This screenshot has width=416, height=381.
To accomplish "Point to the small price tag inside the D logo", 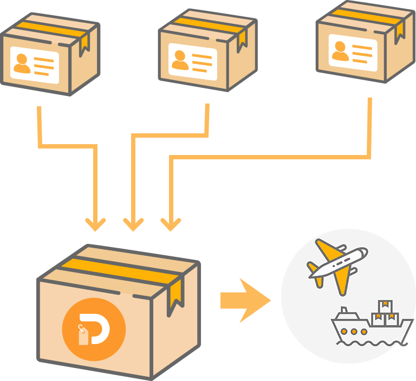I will click(83, 335).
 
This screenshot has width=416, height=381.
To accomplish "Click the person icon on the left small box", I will click(22, 63).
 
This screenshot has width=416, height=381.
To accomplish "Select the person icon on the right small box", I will click(341, 50).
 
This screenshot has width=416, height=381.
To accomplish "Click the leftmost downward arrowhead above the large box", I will click(96, 224).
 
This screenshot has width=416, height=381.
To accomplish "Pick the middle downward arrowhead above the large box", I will click(133, 224).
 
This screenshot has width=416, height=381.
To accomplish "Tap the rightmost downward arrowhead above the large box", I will click(171, 224).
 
